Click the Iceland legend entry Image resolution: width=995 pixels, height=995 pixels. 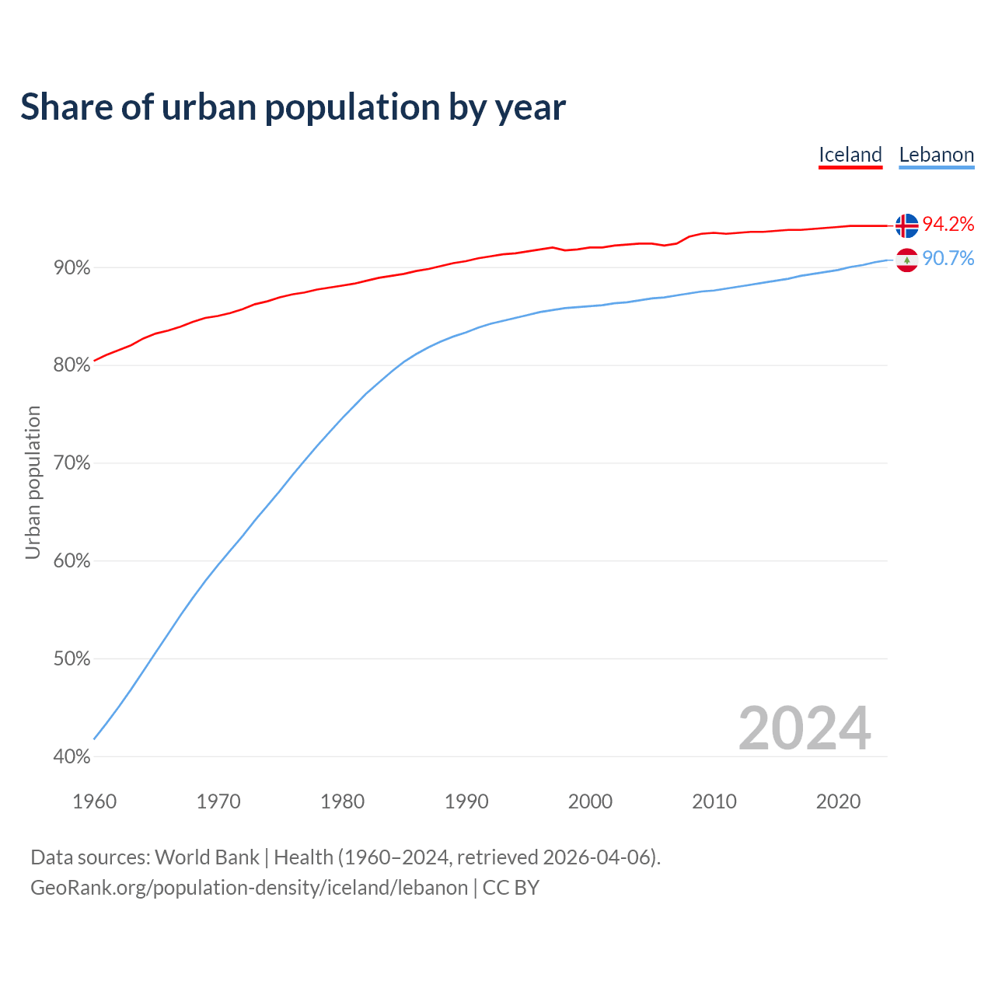coord(850,155)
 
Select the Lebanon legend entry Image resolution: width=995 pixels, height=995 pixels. coord(936,155)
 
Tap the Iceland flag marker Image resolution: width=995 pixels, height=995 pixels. coord(906,225)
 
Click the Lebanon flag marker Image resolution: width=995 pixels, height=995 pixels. coord(906,260)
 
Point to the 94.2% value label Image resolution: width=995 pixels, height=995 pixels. coord(948,225)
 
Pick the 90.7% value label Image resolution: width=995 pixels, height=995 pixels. coord(948,259)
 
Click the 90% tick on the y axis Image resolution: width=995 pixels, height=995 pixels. coord(72,268)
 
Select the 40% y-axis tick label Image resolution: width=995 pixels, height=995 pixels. coord(72,756)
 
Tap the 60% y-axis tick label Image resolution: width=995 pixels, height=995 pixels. coord(72,561)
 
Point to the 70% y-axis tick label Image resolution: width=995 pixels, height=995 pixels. coord(72,463)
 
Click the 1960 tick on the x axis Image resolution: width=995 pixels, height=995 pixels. coord(94,801)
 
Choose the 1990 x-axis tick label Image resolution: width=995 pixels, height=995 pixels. coord(466,801)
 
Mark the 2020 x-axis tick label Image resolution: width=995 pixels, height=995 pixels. coord(838,801)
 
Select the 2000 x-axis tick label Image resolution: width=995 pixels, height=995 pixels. coord(590,801)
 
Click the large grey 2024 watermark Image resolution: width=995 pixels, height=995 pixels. coord(805,728)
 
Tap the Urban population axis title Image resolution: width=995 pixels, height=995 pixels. coord(33,482)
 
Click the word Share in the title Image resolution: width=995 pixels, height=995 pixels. coord(65,107)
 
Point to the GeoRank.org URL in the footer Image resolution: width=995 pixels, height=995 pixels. coord(249,888)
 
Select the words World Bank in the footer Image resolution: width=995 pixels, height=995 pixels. coord(207,857)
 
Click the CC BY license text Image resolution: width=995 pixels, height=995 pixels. coord(511,888)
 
